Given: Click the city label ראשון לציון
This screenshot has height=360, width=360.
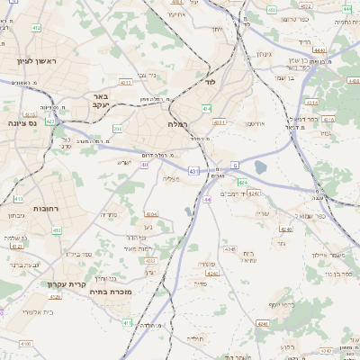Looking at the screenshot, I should click(x=36, y=61).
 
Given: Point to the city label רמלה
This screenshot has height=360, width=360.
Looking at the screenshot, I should click(x=176, y=124).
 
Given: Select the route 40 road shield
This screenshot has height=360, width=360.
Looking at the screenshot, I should click(x=145, y=165).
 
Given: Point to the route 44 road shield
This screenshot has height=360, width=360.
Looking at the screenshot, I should click(x=207, y=200).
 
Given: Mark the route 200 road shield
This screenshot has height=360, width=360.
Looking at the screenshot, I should click(x=117, y=129).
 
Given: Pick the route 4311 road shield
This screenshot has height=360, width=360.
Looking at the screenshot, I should click(x=220, y=122).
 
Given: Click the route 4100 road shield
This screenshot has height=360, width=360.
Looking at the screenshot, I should click(x=25, y=344).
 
